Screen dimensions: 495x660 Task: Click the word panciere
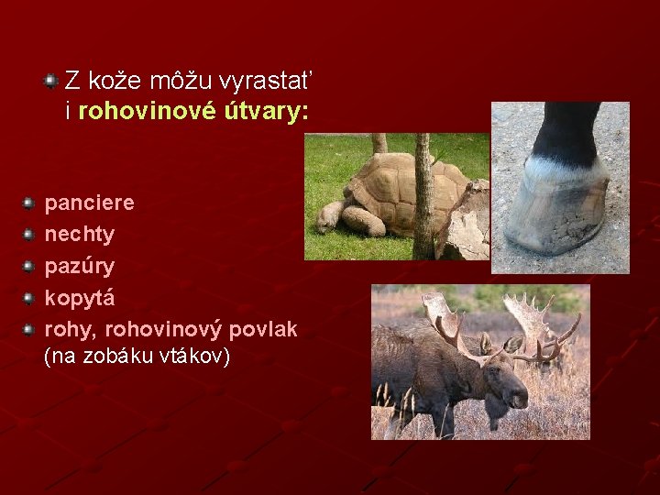pos(89,203)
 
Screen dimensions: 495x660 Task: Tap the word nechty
pos(80,235)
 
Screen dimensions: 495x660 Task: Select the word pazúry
pos(80,267)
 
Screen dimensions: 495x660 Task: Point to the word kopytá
pos(80,299)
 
